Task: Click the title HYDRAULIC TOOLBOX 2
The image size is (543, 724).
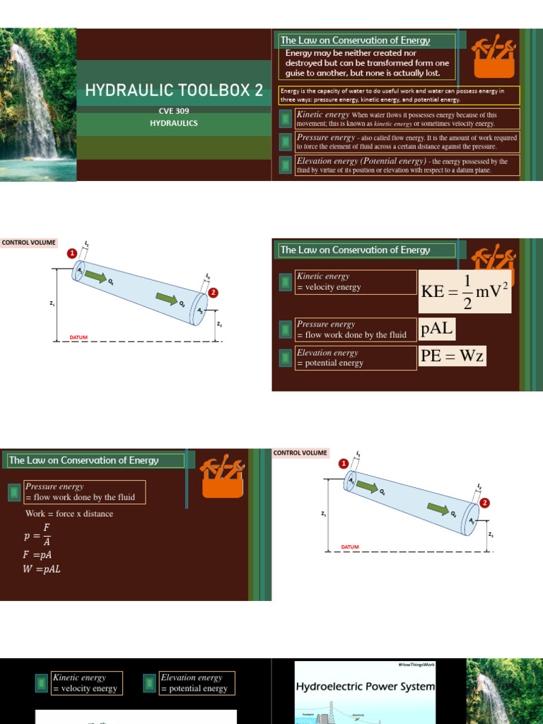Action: [174, 90]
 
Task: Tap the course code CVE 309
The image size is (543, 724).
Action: [173, 111]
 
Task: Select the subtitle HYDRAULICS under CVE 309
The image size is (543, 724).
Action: [173, 123]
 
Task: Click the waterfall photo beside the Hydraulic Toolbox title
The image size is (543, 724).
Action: [37, 105]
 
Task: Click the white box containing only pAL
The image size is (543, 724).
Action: [438, 329]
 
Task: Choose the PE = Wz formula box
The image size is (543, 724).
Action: [452, 356]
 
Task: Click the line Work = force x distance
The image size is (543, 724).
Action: [69, 514]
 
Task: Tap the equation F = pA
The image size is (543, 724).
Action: [37, 555]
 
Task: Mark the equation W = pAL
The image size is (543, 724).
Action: [42, 570]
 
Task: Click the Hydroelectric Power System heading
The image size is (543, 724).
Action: [365, 687]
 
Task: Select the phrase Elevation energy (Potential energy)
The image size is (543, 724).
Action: [361, 161]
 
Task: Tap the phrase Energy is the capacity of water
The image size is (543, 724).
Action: [325, 91]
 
